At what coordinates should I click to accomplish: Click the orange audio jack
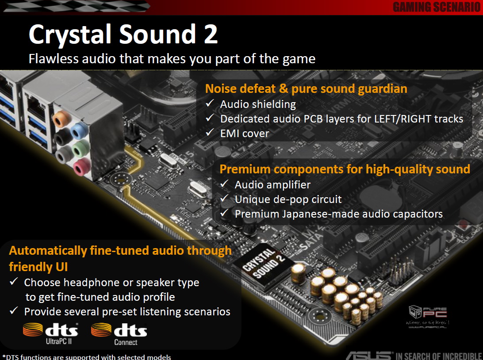[x=61, y=119]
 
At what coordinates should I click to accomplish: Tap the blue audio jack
[x=79, y=130]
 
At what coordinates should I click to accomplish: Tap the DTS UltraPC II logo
[x=50, y=333]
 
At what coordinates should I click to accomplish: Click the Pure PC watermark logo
[x=427, y=317]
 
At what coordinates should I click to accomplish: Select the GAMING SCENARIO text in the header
[x=437, y=7]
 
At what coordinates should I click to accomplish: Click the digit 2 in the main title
[x=211, y=34]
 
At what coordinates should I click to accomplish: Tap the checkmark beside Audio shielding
[x=210, y=103]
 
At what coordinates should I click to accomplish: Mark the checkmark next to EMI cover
[x=210, y=132]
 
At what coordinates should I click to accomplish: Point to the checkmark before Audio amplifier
[x=225, y=184]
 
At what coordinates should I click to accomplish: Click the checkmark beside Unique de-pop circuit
[x=225, y=198]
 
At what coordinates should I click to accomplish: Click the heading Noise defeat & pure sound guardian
[x=306, y=89]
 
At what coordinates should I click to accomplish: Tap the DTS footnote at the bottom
[x=87, y=357]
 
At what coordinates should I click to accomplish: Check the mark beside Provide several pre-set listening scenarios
[x=14, y=310]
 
